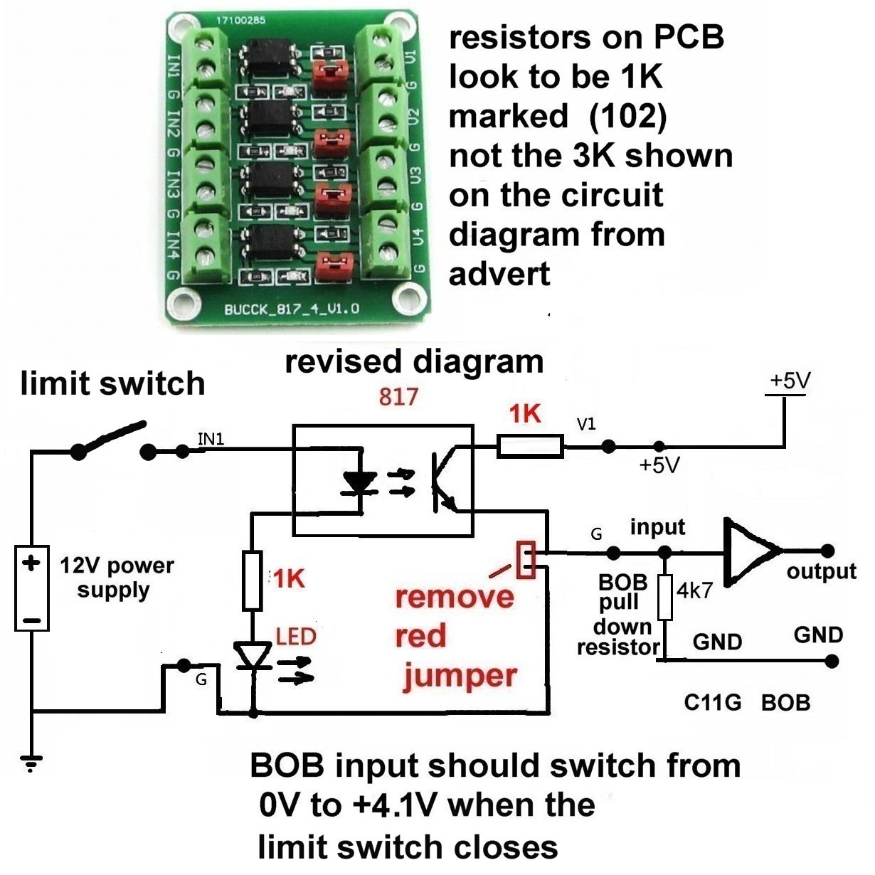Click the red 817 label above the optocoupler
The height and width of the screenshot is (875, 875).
coord(398,396)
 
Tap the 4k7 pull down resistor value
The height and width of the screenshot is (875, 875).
coord(695,590)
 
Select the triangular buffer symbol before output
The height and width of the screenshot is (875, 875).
coord(751,551)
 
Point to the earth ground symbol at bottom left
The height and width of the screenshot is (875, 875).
coord(31,764)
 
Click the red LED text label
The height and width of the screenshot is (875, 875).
coord(295,635)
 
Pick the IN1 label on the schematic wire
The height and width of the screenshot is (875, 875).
coord(211,439)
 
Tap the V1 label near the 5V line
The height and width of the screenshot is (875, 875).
coord(586,425)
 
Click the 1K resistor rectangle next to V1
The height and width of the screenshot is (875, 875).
coord(531,447)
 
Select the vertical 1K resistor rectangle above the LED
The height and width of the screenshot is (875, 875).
coord(253,580)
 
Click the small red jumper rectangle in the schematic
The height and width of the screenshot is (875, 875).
coord(527,559)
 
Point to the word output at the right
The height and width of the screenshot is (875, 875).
coord(821,571)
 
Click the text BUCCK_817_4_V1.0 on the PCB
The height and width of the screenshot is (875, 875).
coord(292,309)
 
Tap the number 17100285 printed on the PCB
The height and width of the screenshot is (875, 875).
coord(240,20)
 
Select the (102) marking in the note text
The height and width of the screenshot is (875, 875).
coord(627,116)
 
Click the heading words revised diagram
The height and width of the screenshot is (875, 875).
coord(414,361)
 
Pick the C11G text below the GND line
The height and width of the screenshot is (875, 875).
coord(713,703)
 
